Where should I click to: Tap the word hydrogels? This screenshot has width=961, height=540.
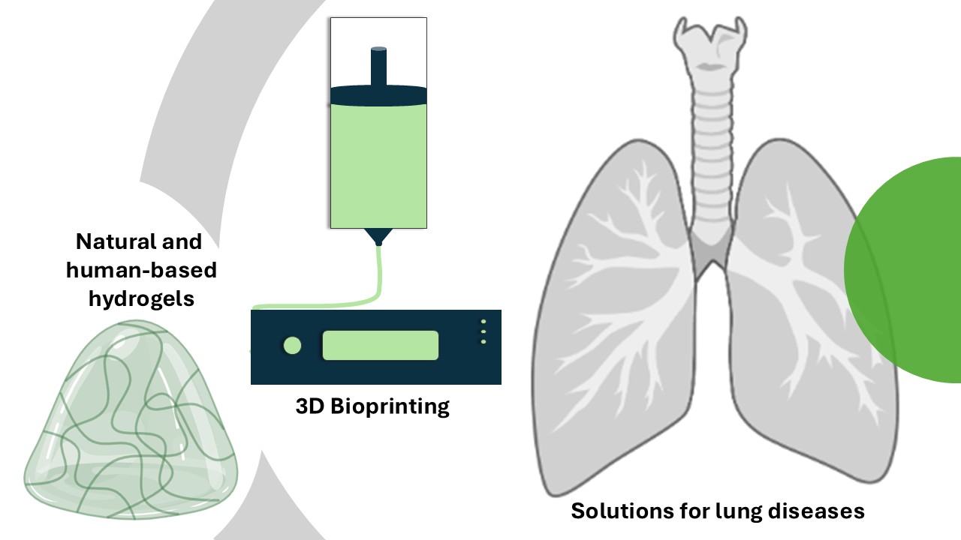point(142,298)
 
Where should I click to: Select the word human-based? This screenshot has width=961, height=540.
point(142,271)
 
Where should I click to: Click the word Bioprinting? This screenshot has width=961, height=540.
point(390,406)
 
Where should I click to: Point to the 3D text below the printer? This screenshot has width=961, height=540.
point(310,406)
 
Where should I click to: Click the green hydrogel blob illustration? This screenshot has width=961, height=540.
point(131,420)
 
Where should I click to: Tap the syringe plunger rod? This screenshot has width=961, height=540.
point(379,67)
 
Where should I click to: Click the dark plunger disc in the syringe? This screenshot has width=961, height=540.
point(379,95)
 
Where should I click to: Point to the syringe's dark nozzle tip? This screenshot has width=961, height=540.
point(378,237)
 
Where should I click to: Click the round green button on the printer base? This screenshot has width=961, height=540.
point(293,346)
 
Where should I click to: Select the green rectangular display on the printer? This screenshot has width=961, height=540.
point(381,345)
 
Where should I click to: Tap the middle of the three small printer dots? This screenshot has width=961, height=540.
point(484,331)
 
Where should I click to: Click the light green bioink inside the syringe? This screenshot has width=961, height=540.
point(379,166)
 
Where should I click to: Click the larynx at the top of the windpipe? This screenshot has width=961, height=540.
point(710,47)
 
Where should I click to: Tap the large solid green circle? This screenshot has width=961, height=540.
point(903,270)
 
